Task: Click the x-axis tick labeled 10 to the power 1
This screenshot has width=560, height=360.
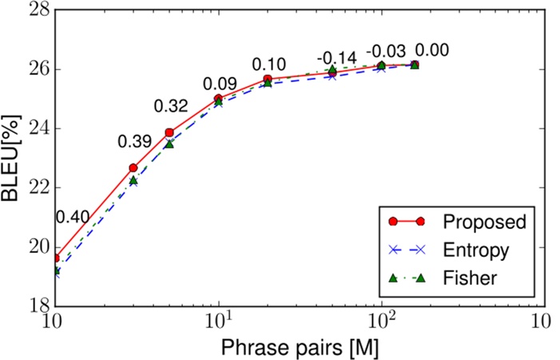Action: coord(218,321)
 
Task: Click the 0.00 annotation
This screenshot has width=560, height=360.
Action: coord(432,51)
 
